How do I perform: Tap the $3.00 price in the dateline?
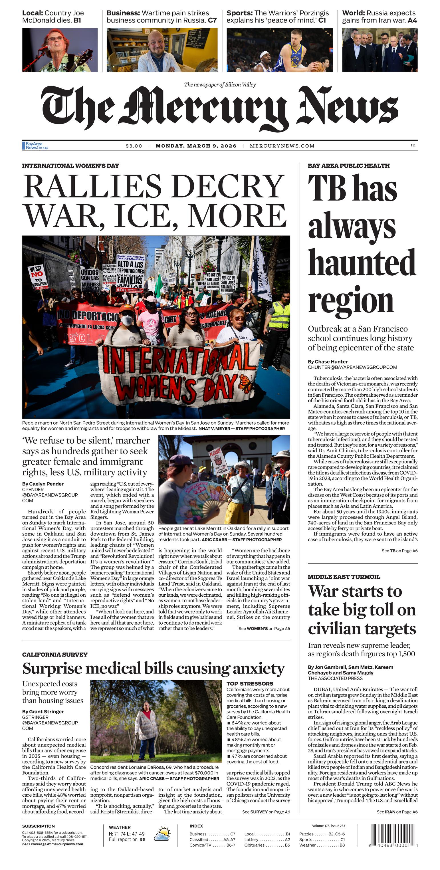pyautogui.click(x=134, y=146)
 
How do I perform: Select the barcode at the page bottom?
pyautogui.click(x=394, y=835)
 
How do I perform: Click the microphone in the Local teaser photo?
pyautogui.click(x=44, y=48)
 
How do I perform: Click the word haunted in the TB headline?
pyautogui.click(x=361, y=263)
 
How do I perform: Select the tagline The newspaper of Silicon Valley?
pyautogui.click(x=220, y=84)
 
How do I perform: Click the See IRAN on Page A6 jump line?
pyautogui.click(x=397, y=812)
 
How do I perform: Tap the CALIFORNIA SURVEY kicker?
pyautogui.click(x=55, y=654)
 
